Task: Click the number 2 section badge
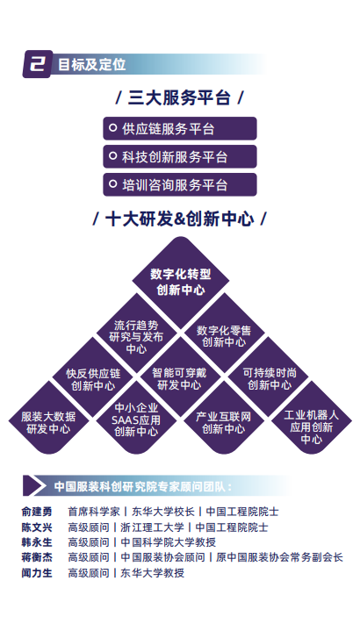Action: pyautogui.click(x=38, y=64)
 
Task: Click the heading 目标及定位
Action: pyautogui.click(x=91, y=65)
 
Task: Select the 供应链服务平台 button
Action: pyautogui.click(x=180, y=129)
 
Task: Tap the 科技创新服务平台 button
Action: pyautogui.click(x=180, y=157)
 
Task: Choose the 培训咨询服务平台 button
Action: pyautogui.click(x=180, y=184)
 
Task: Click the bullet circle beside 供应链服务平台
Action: pyautogui.click(x=112, y=128)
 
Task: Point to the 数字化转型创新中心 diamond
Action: pyautogui.click(x=180, y=282)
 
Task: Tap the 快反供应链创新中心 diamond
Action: pyautogui.click(x=93, y=379)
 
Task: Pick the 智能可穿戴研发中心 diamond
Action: pyautogui.click(x=180, y=378)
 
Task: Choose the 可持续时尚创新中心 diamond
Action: pyautogui.click(x=268, y=378)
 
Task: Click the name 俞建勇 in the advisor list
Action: pyautogui.click(x=37, y=512)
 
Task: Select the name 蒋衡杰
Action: pyautogui.click(x=37, y=557)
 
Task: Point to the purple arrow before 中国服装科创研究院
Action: pyautogui.click(x=32, y=486)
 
